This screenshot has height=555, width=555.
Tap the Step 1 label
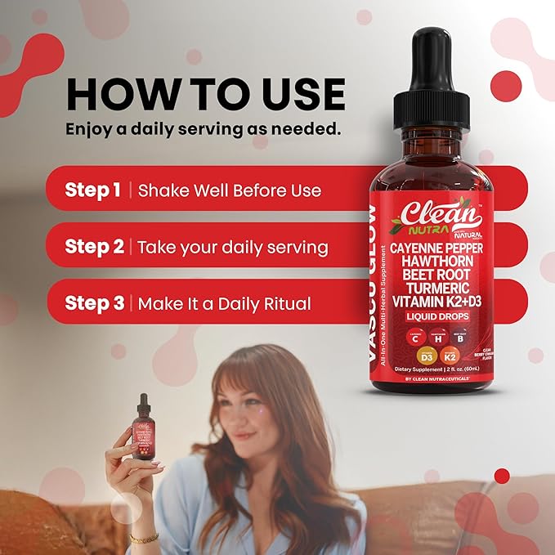tap(93, 190)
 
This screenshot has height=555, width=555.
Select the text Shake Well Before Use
tap(229, 190)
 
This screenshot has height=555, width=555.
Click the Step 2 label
tap(94, 247)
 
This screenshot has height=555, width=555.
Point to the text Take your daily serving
tap(232, 247)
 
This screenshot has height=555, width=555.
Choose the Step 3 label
tap(94, 303)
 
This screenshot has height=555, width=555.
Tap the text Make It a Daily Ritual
tap(224, 303)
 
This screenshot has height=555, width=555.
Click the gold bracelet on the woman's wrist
tap(144, 538)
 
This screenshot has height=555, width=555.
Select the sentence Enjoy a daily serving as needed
tap(203, 129)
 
